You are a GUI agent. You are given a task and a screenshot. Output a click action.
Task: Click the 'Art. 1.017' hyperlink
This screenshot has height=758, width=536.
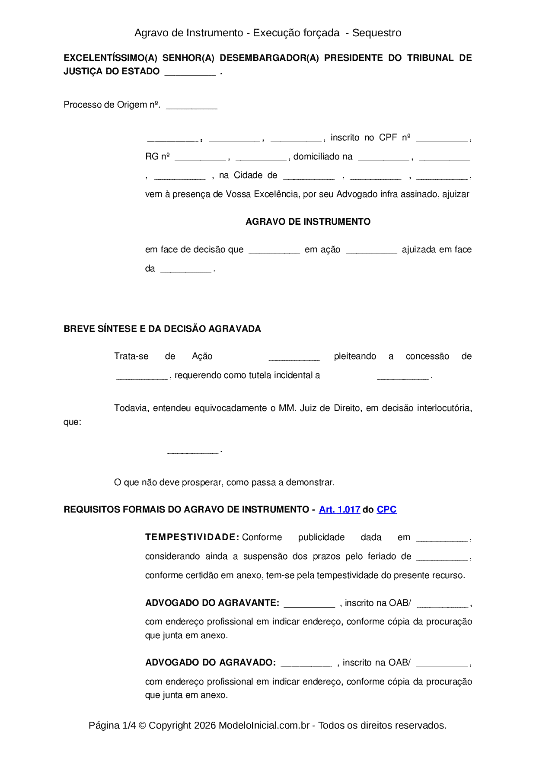[x=339, y=510]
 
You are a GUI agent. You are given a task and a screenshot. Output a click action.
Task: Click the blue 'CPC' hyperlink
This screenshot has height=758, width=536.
[x=386, y=510]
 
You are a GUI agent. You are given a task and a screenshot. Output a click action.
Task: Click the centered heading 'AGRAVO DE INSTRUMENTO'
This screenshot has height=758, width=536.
[x=308, y=222]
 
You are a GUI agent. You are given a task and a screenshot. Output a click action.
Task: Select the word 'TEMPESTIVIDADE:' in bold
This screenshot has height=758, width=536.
[x=192, y=537]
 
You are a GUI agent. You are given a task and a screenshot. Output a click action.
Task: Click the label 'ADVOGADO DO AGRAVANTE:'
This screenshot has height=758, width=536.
[x=212, y=603]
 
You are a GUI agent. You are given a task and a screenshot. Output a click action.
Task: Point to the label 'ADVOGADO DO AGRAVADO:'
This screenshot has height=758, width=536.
[x=211, y=662]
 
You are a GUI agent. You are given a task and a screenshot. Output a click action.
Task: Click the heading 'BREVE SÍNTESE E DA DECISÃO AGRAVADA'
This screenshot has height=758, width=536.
[x=162, y=329]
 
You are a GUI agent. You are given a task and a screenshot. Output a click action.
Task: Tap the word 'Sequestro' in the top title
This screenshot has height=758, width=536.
[x=376, y=33]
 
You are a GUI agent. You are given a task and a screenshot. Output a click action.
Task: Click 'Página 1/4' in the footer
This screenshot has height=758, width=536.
[x=112, y=725]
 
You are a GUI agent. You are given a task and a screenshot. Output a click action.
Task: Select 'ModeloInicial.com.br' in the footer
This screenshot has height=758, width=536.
[x=264, y=725]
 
